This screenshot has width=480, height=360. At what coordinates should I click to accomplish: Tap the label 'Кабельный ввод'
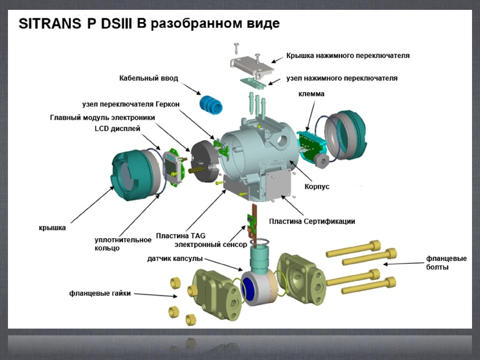pos(149,78)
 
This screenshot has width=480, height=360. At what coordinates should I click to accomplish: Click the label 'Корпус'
pos(317,187)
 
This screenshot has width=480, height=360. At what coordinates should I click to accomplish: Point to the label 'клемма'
pos(311,94)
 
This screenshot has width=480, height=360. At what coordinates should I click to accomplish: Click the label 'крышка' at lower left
pos(52,228)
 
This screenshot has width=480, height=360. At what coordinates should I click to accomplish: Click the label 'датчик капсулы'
pos(175,258)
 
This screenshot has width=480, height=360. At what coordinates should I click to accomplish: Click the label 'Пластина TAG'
pos(180,235)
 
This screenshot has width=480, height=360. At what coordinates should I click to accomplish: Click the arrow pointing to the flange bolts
pos(403,264)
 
